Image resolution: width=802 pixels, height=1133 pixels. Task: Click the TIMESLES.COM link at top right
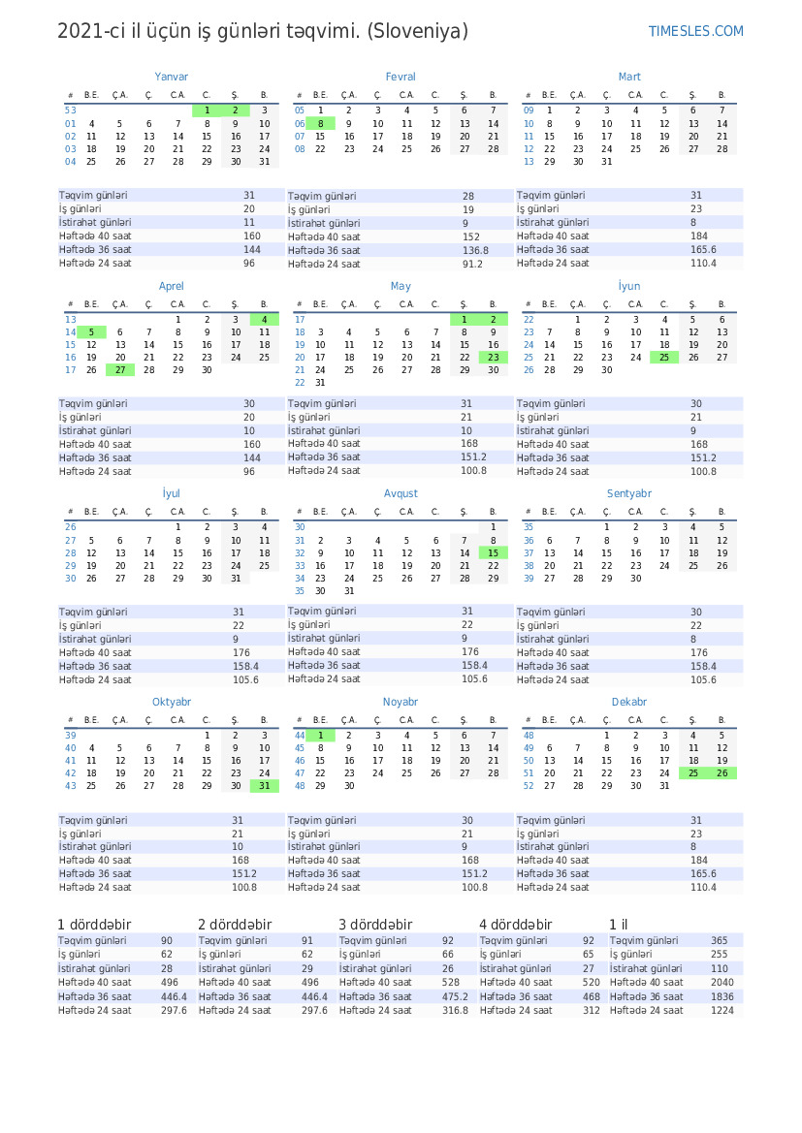pos(695,31)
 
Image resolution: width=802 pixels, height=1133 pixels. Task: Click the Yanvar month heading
pos(172,77)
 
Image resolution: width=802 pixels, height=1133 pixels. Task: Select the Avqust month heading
pos(401,493)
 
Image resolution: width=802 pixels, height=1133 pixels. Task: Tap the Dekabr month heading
pos(629,702)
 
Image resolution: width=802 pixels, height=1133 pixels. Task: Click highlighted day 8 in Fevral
pos(320,124)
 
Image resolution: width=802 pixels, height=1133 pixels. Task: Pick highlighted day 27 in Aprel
pos(120,369)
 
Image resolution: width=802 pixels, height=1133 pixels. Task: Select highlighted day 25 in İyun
pos(664,357)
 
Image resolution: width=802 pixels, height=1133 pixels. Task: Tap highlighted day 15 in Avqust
pos(493,552)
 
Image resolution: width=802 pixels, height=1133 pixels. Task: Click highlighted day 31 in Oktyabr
pos(264,786)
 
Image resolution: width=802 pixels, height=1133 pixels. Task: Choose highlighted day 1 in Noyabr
pos(320,736)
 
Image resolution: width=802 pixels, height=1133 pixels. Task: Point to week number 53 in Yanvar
pos(70,110)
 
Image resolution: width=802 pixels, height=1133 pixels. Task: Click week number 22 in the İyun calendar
pos(529,319)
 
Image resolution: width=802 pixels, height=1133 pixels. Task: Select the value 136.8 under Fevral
pos(475,250)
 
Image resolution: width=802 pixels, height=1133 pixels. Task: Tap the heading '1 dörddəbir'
pos(94,925)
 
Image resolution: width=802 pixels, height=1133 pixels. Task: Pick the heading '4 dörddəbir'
pos(515,925)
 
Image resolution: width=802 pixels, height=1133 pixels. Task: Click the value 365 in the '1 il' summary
pos(719,941)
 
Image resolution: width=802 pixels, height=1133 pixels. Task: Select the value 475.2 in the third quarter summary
pos(455,996)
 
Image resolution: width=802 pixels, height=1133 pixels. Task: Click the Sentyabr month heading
pos(629,493)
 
